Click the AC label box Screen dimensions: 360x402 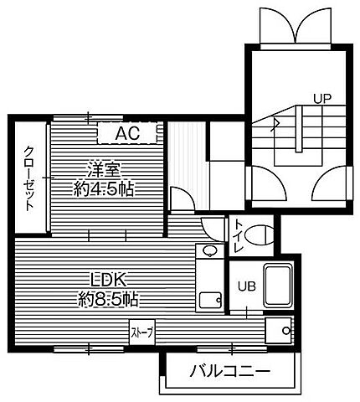(x=127, y=133)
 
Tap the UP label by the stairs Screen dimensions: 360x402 (x=322, y=98)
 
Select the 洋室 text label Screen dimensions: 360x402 (x=104, y=170)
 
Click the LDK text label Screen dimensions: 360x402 (x=108, y=279)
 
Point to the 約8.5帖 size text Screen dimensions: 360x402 (x=108, y=299)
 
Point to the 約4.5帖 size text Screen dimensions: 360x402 (x=104, y=189)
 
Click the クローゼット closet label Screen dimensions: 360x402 (x=29, y=178)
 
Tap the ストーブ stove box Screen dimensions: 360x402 (x=142, y=332)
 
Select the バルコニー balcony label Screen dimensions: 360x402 (x=230, y=371)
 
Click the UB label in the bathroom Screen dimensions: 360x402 (x=247, y=286)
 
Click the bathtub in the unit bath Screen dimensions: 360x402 (x=278, y=286)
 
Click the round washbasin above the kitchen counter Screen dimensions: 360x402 (x=209, y=250)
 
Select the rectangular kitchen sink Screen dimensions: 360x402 (x=210, y=301)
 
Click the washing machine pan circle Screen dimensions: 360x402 (x=286, y=331)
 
